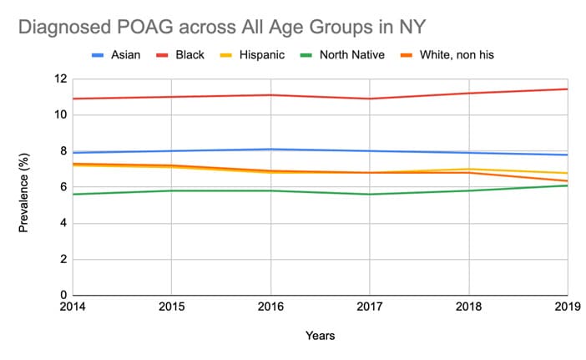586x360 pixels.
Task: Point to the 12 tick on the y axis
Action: click(60, 79)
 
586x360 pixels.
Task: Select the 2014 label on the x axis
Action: click(73, 307)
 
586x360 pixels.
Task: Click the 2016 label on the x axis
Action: click(270, 307)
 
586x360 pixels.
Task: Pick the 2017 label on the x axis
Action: click(370, 307)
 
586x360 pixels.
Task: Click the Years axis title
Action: click(321, 336)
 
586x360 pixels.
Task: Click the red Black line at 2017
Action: click(370, 99)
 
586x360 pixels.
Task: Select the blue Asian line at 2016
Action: click(270, 150)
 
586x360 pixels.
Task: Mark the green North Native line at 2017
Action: click(370, 194)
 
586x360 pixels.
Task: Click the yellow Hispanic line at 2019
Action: click(567, 173)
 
